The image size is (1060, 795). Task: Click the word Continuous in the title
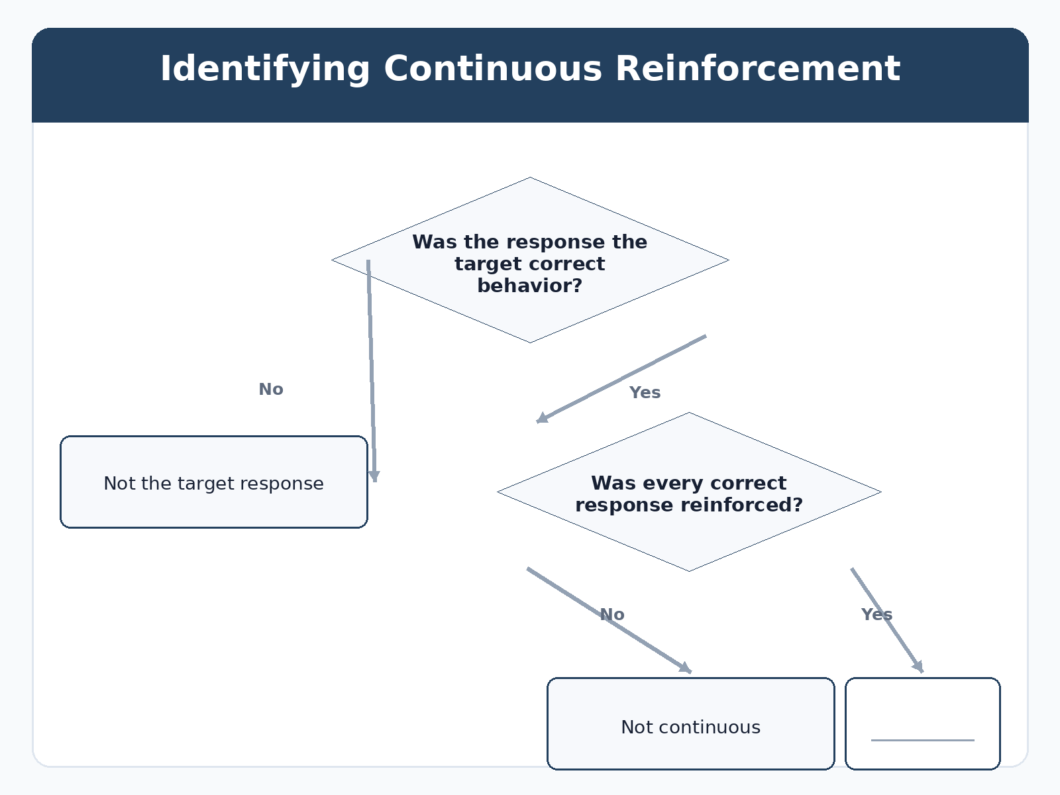[493, 68]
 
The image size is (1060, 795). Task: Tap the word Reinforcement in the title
[758, 68]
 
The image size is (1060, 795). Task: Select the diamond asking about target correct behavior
[530, 260]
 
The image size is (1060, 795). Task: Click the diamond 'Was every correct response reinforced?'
[689, 492]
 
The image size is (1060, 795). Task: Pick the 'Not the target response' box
[214, 482]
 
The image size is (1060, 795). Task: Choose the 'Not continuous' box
[690, 723]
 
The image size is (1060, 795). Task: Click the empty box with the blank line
[922, 723]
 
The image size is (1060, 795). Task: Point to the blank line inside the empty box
[922, 740]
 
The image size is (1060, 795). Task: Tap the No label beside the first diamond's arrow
[271, 389]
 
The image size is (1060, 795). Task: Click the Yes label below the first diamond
[645, 392]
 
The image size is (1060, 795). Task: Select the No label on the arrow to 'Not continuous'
[612, 615]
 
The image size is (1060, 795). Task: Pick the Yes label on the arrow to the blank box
[876, 615]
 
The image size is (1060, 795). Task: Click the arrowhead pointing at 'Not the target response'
[374, 476]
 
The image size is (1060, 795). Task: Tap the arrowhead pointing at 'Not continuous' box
[686, 668]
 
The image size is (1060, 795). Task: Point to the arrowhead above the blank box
[918, 666]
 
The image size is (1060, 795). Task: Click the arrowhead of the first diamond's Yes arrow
[542, 418]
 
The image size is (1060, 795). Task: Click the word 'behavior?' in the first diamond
[530, 286]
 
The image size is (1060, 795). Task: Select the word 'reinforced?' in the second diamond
[742, 505]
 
